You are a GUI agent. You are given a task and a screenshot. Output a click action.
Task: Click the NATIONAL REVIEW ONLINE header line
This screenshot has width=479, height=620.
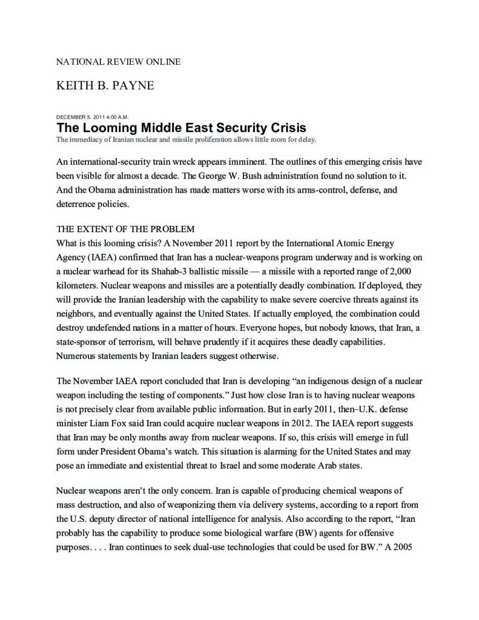(x=118, y=62)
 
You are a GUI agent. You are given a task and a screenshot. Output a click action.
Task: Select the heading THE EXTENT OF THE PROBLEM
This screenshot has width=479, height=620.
(x=125, y=229)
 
